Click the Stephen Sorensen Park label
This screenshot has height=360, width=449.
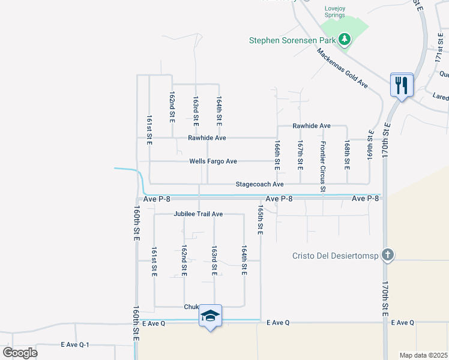(292, 41)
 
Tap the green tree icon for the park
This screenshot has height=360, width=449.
(344, 40)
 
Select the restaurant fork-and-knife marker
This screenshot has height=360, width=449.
(400, 85)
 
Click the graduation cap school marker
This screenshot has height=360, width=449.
(210, 316)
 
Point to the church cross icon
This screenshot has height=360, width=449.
(388, 254)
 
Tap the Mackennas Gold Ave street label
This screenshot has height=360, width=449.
(342, 68)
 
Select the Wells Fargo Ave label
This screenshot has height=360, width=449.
(213, 161)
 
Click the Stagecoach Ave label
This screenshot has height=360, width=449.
(259, 184)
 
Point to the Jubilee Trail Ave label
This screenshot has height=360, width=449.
(198, 214)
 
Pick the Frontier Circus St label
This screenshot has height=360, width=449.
(323, 167)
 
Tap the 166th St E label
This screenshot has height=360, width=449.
(277, 154)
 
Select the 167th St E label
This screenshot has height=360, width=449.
(300, 154)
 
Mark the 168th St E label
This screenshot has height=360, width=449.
(347, 154)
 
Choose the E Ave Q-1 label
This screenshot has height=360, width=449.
(75, 345)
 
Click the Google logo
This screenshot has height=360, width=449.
(20, 352)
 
